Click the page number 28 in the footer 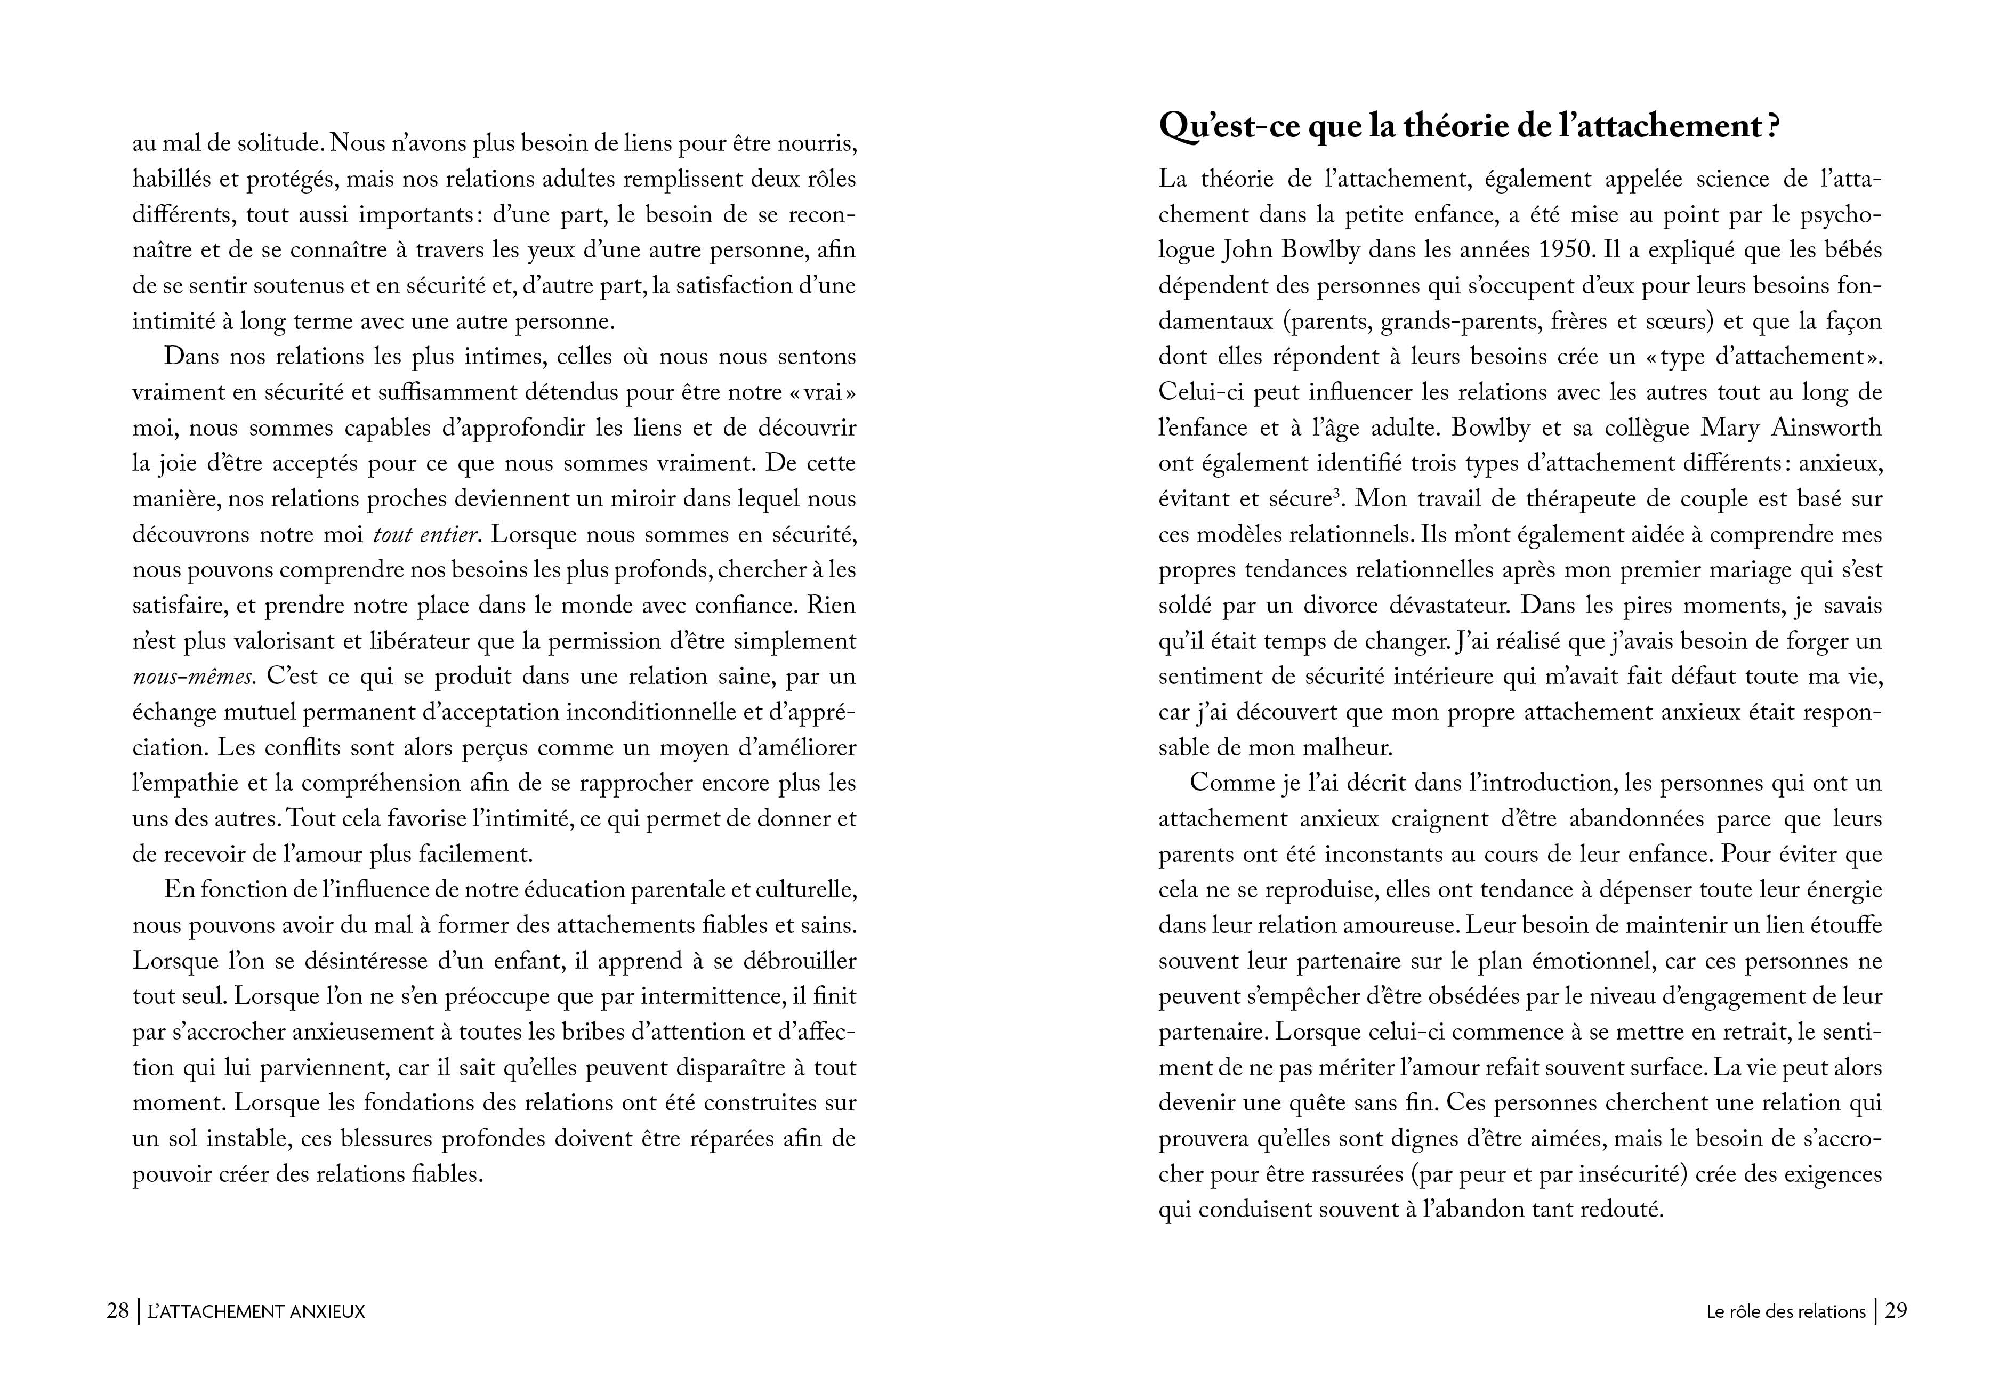tap(117, 1311)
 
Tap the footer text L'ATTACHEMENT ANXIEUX tap(257, 1311)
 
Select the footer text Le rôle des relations tap(1785, 1311)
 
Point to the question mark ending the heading tap(1774, 127)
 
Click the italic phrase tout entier tap(425, 535)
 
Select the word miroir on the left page tap(638, 499)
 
